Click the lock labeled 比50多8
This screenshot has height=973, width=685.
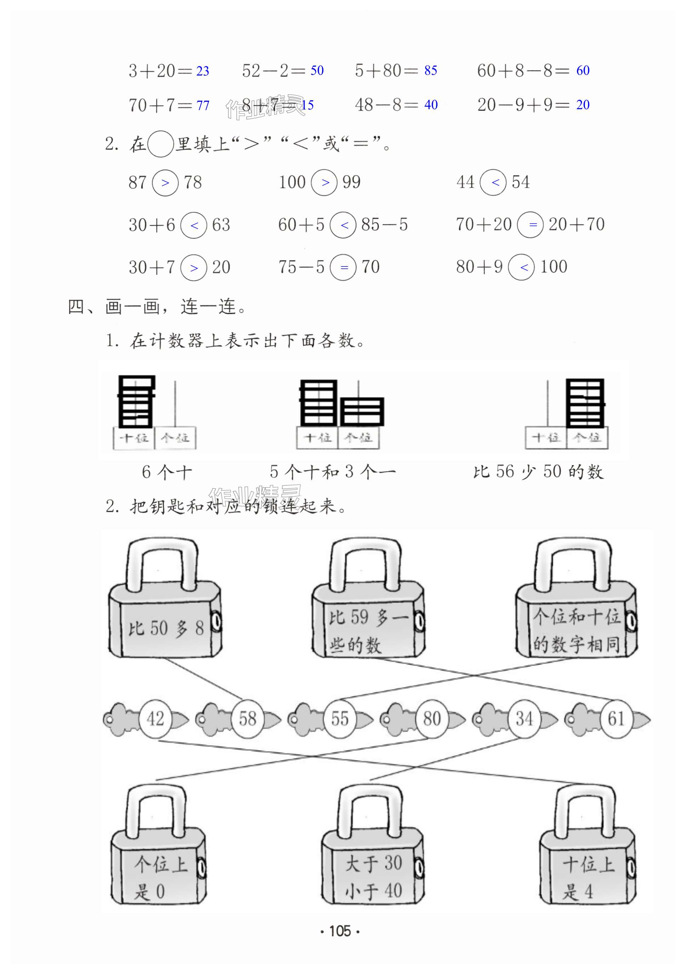click(x=165, y=610)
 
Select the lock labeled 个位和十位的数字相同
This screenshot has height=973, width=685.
click(x=576, y=610)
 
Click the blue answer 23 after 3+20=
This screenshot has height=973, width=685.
click(x=202, y=71)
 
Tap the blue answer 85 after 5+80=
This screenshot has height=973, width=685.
click(x=431, y=70)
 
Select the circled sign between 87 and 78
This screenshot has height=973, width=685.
click(x=165, y=183)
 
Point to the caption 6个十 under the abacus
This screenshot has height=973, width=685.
click(x=167, y=472)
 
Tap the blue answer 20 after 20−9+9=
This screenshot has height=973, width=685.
click(x=583, y=105)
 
